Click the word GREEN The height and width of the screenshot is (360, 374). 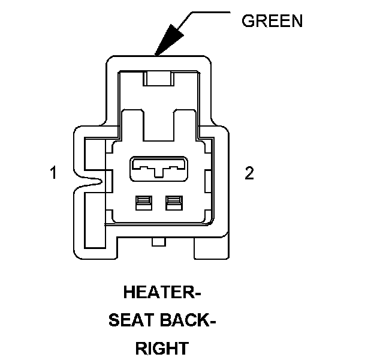pyautogui.click(x=272, y=21)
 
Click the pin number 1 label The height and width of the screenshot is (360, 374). pyautogui.click(x=53, y=173)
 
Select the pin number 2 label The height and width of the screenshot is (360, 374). pyautogui.click(x=249, y=173)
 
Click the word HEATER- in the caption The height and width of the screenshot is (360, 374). pyautogui.click(x=161, y=293)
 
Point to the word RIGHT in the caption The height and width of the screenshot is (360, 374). pyautogui.click(x=161, y=348)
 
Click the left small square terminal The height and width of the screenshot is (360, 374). pyautogui.click(x=142, y=203)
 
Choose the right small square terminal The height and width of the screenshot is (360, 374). pyautogui.click(x=174, y=203)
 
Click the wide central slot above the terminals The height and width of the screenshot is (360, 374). pyautogui.click(x=158, y=167)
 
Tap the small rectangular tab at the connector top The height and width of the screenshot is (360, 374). pyautogui.click(x=159, y=78)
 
